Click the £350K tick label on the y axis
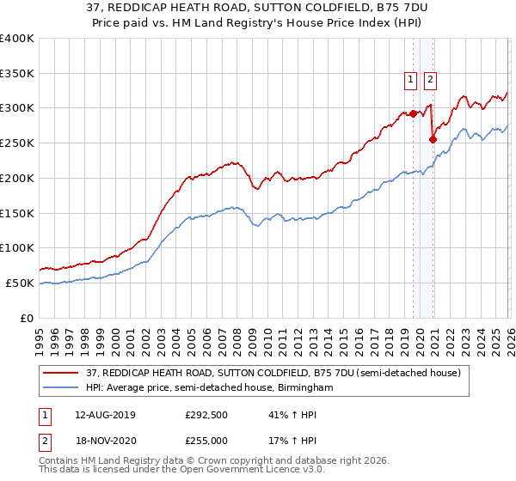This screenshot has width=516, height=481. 17,74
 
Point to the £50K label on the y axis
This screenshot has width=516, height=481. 20,283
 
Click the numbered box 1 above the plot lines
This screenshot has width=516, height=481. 411,80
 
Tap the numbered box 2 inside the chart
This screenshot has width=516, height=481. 430,80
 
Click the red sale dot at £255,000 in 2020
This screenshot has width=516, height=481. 433,139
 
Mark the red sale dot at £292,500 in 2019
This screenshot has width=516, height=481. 413,113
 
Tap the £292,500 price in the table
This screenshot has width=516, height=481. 205,414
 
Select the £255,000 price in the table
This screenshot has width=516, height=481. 205,440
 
